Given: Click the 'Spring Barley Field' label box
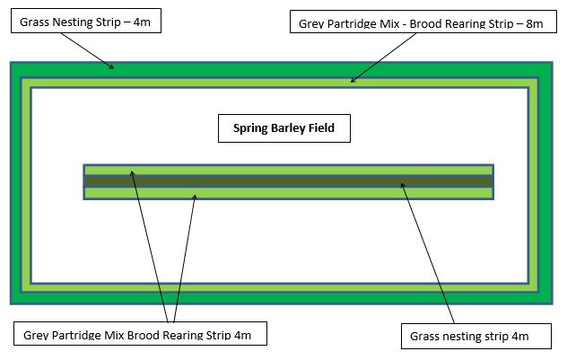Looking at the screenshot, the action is click(x=284, y=128).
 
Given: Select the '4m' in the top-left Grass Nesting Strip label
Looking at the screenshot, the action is click(x=142, y=22).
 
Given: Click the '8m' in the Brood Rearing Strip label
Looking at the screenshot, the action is click(x=535, y=24).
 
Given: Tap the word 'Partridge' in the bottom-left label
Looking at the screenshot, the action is click(x=77, y=335).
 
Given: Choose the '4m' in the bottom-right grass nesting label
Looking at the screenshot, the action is click(x=520, y=336).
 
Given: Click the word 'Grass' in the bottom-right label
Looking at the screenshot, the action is click(x=424, y=336).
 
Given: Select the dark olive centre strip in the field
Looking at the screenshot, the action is click(x=289, y=181).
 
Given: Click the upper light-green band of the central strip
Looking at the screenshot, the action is click(x=289, y=170).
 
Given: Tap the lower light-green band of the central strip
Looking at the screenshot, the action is click(x=289, y=193).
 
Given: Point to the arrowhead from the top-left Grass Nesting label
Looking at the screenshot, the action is click(x=111, y=66).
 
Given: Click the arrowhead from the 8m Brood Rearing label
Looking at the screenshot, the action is click(x=353, y=80).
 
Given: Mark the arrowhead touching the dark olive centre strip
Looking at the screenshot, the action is click(x=403, y=185).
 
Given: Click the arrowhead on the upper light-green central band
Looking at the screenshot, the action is click(x=132, y=173).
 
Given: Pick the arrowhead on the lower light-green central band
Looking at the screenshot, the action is click(x=195, y=198).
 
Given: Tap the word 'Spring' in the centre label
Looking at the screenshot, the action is click(x=250, y=128).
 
